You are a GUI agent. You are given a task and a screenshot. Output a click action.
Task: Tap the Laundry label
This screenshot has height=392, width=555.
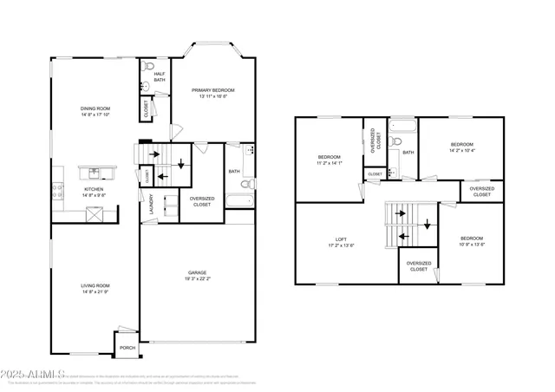[151, 205]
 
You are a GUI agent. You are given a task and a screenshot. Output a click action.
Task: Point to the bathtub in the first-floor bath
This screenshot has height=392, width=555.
[239, 202]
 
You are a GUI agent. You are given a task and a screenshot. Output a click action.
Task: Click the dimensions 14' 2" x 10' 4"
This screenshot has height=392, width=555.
[461, 151]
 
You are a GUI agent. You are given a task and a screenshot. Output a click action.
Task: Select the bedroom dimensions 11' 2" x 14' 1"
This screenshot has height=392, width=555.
[329, 163]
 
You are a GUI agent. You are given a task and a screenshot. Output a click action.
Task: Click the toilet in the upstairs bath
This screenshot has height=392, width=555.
[395, 140]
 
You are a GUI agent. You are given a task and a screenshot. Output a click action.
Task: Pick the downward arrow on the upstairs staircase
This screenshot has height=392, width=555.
[426, 224]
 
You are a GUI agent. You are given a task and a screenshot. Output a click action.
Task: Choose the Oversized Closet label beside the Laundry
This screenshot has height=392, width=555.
[201, 202]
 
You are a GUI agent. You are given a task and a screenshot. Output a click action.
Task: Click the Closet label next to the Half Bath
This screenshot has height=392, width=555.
[145, 108]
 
